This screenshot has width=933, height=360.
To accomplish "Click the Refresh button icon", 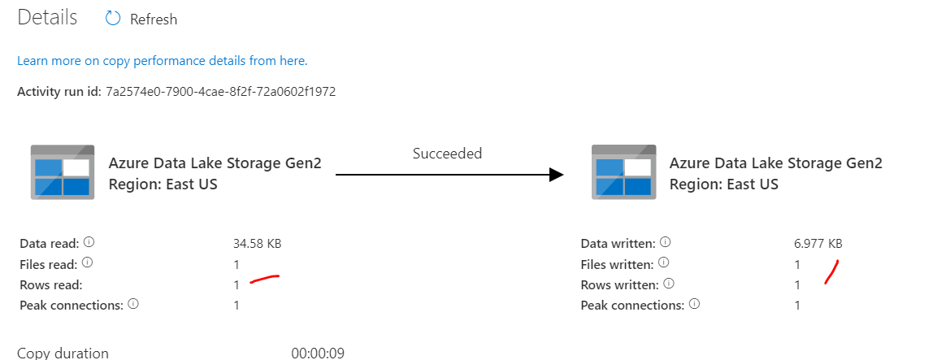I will pyautogui.click(x=113, y=19).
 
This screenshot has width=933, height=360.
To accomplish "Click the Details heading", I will pyautogui.click(x=47, y=18).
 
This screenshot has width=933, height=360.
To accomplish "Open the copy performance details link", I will pyautogui.click(x=162, y=61).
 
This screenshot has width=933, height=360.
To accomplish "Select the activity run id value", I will pyautogui.click(x=220, y=92).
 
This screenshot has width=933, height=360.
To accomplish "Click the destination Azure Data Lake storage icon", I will pyautogui.click(x=623, y=172).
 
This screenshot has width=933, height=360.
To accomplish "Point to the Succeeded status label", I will pyautogui.click(x=447, y=153).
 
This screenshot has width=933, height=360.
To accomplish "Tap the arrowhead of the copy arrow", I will pyautogui.click(x=556, y=174).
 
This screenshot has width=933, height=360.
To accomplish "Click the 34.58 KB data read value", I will pyautogui.click(x=257, y=243).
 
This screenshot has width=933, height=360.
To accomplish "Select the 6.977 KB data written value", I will pyautogui.click(x=818, y=243).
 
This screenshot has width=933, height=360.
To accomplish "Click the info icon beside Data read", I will pyautogui.click(x=89, y=243).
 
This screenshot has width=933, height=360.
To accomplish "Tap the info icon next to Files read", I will pyautogui.click(x=88, y=263).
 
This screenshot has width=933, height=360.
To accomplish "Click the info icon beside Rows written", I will pyautogui.click(x=668, y=284).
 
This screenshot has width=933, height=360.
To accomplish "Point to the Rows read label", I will pyautogui.click(x=50, y=284).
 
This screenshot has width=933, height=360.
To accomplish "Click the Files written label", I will pyautogui.click(x=617, y=264).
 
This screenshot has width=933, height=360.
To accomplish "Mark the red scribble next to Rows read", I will pyautogui.click(x=265, y=280).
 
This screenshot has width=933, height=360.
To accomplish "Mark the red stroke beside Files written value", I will pyautogui.click(x=832, y=271).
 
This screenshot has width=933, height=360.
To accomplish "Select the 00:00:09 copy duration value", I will pyautogui.click(x=318, y=353).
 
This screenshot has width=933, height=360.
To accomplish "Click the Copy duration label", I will pyautogui.click(x=63, y=353).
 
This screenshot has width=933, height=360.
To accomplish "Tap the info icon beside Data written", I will pyautogui.click(x=666, y=243).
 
